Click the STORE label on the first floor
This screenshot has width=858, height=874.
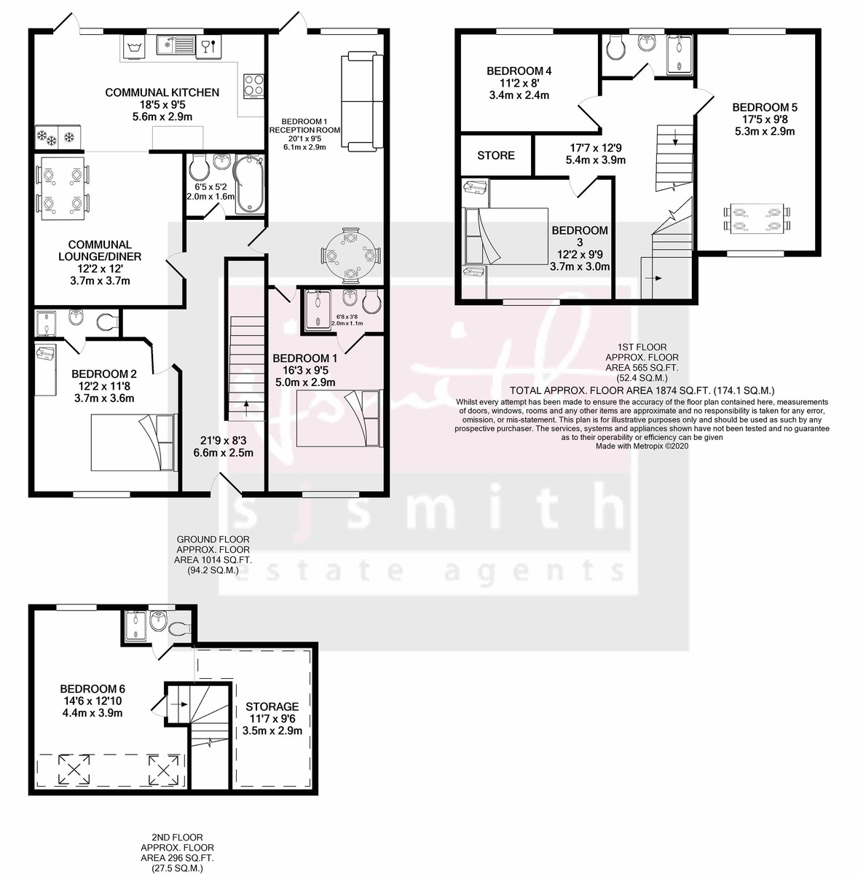coord(496,155)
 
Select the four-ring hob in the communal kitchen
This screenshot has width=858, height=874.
coord(253,85)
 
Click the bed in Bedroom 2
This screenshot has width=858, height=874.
coord(132,443)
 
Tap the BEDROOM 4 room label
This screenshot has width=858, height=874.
coord(519,71)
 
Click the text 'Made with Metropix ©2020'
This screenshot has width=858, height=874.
coord(642,446)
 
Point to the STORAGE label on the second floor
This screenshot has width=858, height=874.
coord(272,706)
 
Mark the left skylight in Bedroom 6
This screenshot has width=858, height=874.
coord(71,768)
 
